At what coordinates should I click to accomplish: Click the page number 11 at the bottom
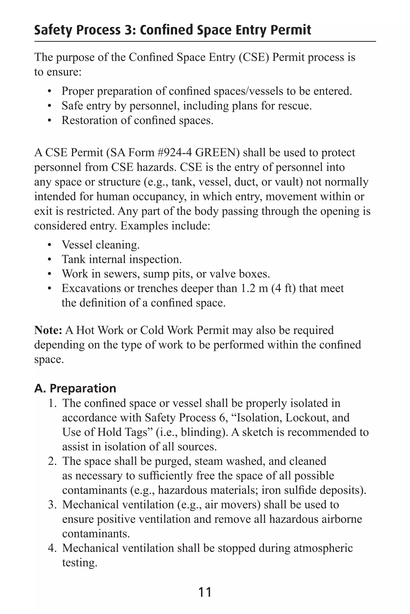205,592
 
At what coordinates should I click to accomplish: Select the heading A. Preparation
75,388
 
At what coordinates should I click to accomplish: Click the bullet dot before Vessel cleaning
50,245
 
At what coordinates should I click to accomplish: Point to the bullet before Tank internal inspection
50,260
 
